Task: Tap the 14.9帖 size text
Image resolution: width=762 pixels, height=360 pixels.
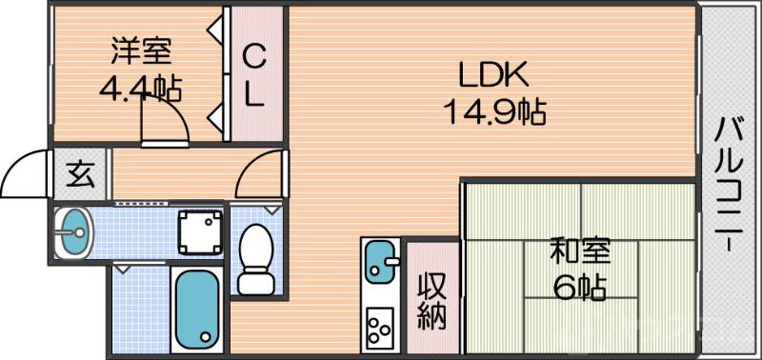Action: tap(492, 112)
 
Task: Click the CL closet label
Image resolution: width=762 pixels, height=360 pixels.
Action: tap(253, 75)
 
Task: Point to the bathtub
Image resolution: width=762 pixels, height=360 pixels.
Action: tap(197, 306)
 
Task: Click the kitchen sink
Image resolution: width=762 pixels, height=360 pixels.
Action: tap(381, 261)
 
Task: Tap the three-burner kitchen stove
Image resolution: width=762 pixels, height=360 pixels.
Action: tap(381, 327)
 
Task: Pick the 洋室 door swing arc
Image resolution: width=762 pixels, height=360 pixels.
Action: tap(164, 119)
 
